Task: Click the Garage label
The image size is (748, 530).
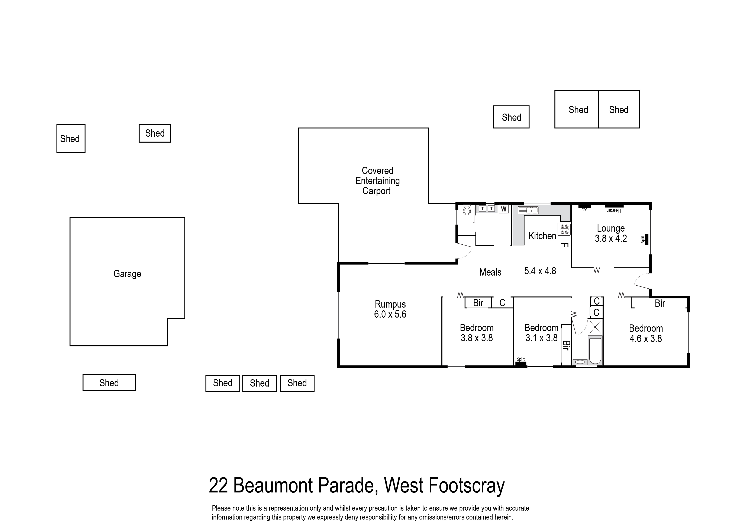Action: pos(127,274)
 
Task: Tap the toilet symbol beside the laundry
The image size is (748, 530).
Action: pos(467,210)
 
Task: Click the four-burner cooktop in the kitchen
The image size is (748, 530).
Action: pos(564,229)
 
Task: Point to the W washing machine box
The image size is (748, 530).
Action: pos(504,209)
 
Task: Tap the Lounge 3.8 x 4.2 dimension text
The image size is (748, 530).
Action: pos(610,239)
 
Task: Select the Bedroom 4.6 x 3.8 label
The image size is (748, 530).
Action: pos(645,333)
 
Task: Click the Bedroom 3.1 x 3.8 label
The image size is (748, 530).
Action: pos(541,333)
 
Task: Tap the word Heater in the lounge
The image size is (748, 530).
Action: pos(614,211)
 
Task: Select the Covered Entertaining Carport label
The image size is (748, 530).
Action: pos(377,181)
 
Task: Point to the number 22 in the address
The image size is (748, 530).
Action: pos(218,485)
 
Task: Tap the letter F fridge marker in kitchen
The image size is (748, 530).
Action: pos(565,245)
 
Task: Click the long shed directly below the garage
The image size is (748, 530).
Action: pos(109,383)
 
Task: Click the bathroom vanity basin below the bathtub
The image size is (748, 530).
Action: pos(580,362)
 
